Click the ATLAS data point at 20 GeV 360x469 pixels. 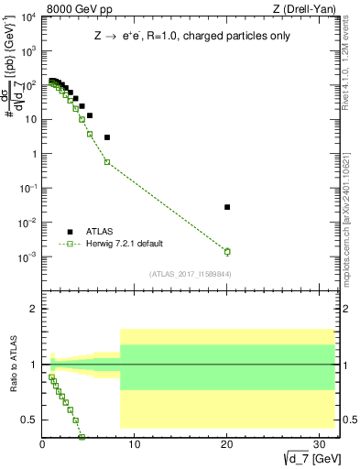227,207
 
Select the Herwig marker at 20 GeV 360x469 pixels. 227,251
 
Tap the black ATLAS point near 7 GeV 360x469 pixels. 107,137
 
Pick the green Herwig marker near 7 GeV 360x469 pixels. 107,162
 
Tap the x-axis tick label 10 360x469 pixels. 135,447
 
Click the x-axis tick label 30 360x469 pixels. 320,447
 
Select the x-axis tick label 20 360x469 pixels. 227,447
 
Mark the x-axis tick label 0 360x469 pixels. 42,447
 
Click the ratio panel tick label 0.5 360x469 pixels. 28,420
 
